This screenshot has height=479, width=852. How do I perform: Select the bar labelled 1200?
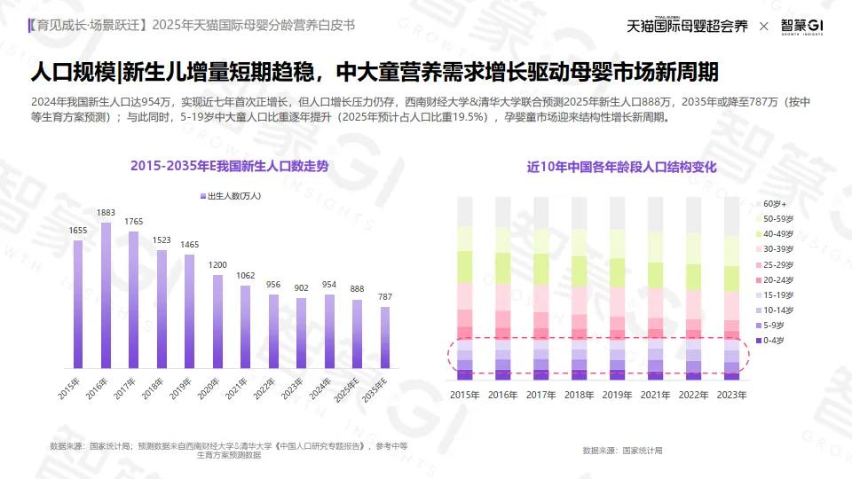coord(217,321)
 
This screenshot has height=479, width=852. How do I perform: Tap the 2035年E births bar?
coord(384,337)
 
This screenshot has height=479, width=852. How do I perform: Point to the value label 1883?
coord(106,213)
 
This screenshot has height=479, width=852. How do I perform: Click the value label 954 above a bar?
coord(329,285)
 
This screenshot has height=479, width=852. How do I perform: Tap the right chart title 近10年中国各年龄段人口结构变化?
coord(621,167)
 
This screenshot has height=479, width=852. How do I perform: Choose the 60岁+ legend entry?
coord(774,204)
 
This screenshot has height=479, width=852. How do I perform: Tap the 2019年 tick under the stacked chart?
coord(618,395)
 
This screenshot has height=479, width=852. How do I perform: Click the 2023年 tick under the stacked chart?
coord(731,395)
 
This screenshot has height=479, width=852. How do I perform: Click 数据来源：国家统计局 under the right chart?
coord(622,451)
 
